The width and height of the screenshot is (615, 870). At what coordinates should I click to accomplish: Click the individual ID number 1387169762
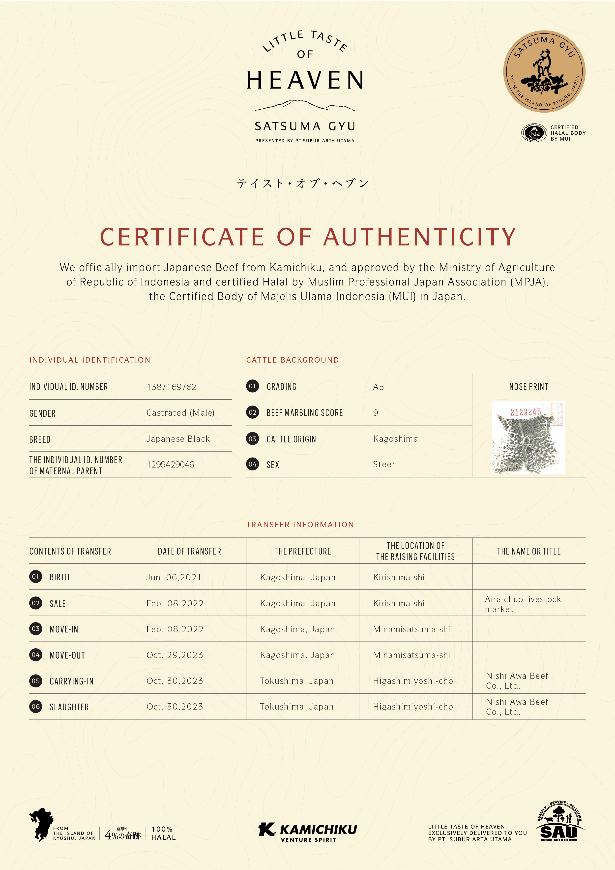(x=172, y=387)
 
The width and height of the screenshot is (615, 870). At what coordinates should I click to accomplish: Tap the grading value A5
(x=378, y=387)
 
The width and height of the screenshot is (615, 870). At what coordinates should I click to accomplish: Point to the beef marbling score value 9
(x=375, y=413)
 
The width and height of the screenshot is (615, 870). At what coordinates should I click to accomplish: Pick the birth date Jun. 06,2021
(x=174, y=577)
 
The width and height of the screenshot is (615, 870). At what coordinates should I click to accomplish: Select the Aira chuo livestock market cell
(x=523, y=604)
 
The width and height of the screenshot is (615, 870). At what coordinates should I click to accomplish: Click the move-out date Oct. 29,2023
(x=175, y=655)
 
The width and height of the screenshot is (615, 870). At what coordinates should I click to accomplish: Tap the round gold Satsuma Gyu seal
(x=544, y=72)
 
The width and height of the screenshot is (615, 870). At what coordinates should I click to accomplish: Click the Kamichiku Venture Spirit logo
(x=307, y=832)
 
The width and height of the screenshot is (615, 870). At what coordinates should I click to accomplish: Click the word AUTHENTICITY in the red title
(x=420, y=237)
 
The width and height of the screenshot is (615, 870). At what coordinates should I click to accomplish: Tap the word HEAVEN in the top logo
(x=305, y=80)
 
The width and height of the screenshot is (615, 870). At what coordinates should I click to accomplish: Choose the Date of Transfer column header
(x=189, y=551)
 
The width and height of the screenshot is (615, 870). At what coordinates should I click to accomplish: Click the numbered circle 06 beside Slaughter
(x=36, y=707)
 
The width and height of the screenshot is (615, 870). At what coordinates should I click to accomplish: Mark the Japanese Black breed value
(x=178, y=439)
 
